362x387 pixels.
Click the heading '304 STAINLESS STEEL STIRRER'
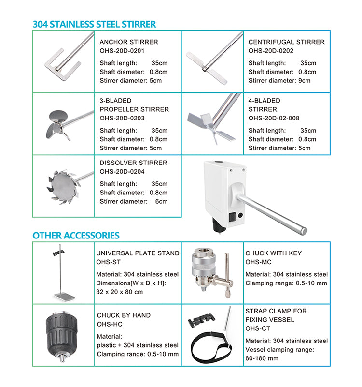point(94,24)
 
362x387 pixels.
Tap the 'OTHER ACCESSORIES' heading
point(76,236)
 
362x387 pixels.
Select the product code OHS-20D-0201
point(122,51)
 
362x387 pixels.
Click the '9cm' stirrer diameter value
point(305,81)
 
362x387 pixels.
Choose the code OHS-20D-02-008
point(274,118)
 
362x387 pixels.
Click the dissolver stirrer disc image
point(64,186)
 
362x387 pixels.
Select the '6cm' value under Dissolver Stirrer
point(161,201)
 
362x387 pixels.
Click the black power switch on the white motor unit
point(232,216)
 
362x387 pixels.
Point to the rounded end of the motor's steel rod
point(305,231)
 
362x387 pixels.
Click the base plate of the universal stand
point(64,296)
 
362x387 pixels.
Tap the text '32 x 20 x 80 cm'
point(119,292)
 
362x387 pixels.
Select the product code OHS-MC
point(258,262)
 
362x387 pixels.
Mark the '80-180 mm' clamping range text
point(262,358)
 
